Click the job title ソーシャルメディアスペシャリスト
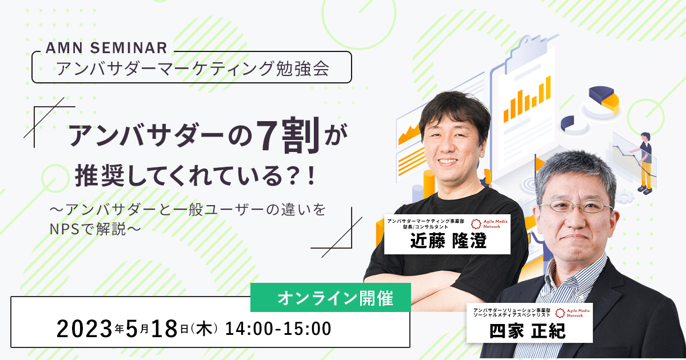[x=512, y=315]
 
